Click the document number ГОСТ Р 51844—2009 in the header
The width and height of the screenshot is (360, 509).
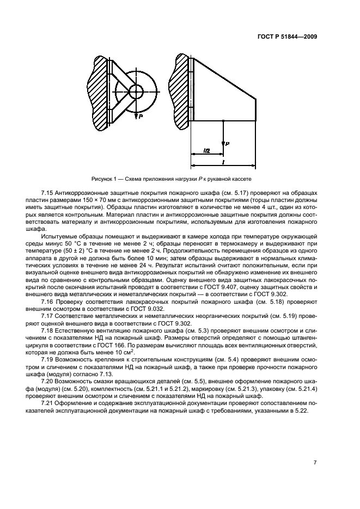(287, 37)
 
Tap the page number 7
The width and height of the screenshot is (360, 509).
(315, 463)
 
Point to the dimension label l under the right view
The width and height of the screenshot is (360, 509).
(224, 162)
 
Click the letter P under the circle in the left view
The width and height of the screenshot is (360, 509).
(141, 116)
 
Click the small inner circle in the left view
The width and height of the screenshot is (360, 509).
(135, 91)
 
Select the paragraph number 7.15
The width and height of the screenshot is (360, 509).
(50, 194)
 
